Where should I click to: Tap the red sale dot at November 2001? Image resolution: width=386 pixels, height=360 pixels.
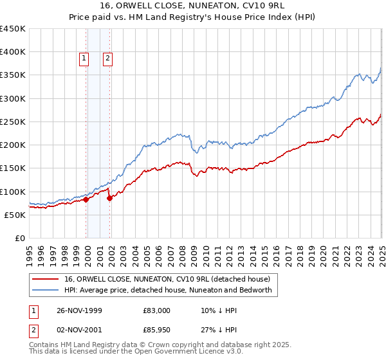click(x=109, y=198)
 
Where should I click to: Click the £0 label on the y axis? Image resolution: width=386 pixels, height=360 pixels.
click(x=19, y=238)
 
